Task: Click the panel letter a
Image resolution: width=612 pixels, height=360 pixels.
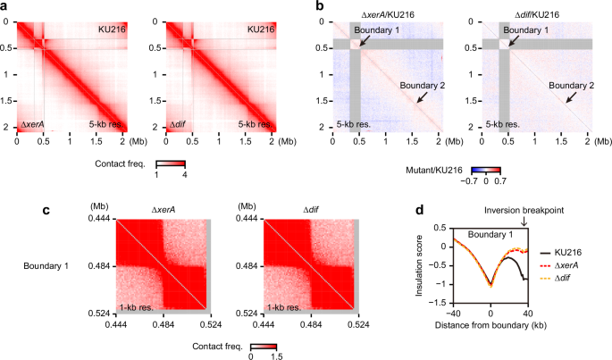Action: coord(5,6)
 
